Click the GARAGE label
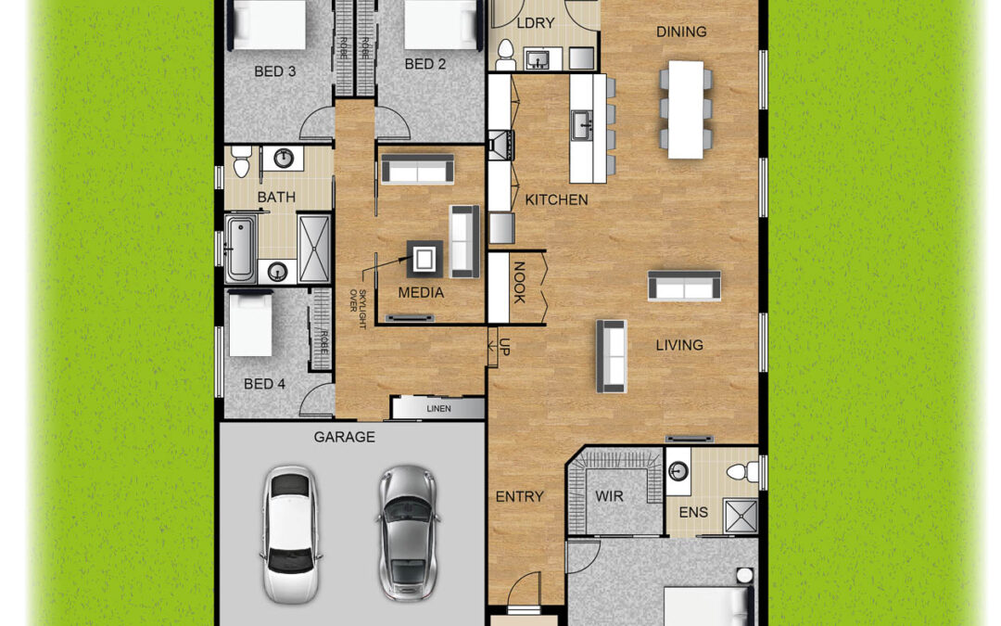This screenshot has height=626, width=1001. (344, 438)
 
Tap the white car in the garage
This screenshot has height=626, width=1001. (290, 534)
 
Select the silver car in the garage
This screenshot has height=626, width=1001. (407, 533)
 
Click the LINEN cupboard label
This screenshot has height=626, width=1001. (438, 409)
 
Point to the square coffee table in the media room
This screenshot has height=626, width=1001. (424, 259)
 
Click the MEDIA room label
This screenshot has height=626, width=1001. (421, 293)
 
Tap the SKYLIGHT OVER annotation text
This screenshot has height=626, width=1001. (358, 309)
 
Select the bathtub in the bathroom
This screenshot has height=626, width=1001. (241, 248)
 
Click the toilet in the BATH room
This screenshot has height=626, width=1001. (241, 161)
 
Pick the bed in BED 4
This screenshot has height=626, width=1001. (251, 323)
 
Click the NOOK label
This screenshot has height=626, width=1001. (518, 282)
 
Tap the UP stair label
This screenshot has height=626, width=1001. (504, 347)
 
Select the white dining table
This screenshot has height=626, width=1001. (686, 109)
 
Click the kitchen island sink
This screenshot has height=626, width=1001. (582, 124)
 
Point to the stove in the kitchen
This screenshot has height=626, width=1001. (500, 145)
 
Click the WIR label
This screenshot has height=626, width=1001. (609, 496)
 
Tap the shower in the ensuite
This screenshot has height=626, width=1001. (741, 516)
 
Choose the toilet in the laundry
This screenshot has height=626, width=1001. (506, 55)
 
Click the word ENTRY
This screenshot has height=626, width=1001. (520, 496)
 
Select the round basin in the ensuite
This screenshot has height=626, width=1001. (678, 471)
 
